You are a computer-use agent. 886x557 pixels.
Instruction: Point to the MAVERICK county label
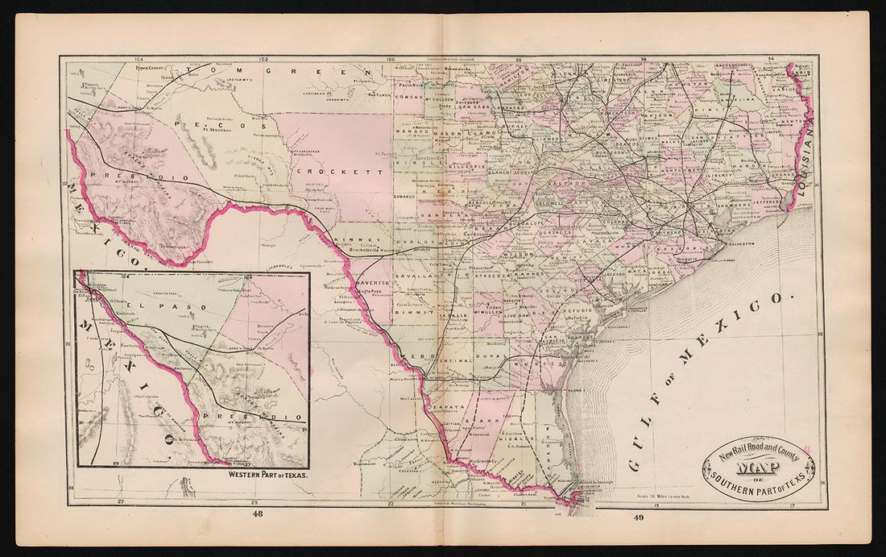[x=369, y=285]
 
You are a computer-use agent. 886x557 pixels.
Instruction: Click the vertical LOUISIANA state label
[x=809, y=153]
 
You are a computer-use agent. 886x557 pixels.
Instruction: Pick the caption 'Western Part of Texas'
[x=256, y=476]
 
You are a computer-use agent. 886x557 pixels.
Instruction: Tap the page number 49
[x=639, y=517]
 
